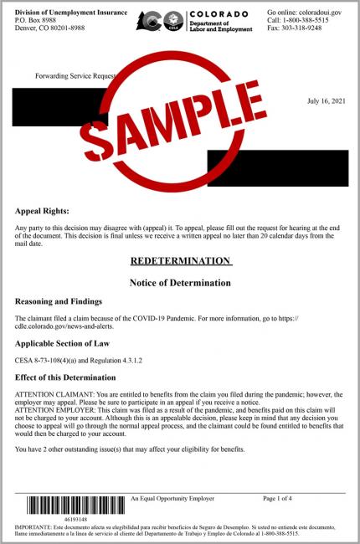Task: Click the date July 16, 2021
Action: point(327,100)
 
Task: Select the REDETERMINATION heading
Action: point(180,261)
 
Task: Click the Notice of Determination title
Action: point(180,283)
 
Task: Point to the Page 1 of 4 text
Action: point(277,499)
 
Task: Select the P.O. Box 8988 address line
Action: point(36,21)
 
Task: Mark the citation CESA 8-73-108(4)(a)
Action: point(52,360)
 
